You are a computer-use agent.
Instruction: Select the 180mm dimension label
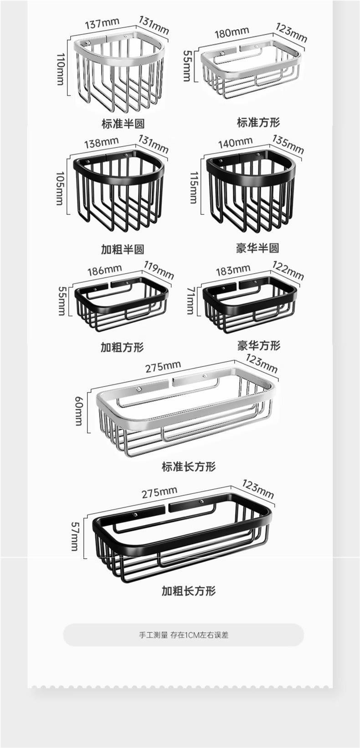pos(231,32)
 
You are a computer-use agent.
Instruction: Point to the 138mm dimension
pos(101,142)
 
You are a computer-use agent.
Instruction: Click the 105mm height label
pos(60,188)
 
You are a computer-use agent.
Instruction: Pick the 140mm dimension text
pos(235,143)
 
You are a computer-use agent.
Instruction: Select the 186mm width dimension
pos(104,270)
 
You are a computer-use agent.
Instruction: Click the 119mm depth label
pos(159,270)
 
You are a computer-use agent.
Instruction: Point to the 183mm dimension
pos(233,270)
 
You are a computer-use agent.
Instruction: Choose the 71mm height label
pos(190,301)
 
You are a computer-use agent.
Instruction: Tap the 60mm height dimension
pos(79,410)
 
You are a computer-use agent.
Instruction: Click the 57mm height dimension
pos(75,536)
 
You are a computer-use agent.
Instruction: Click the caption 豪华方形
pos(258,345)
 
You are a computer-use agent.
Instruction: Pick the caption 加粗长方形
pos(188,591)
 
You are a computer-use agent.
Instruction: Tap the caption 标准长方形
pos(188,466)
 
